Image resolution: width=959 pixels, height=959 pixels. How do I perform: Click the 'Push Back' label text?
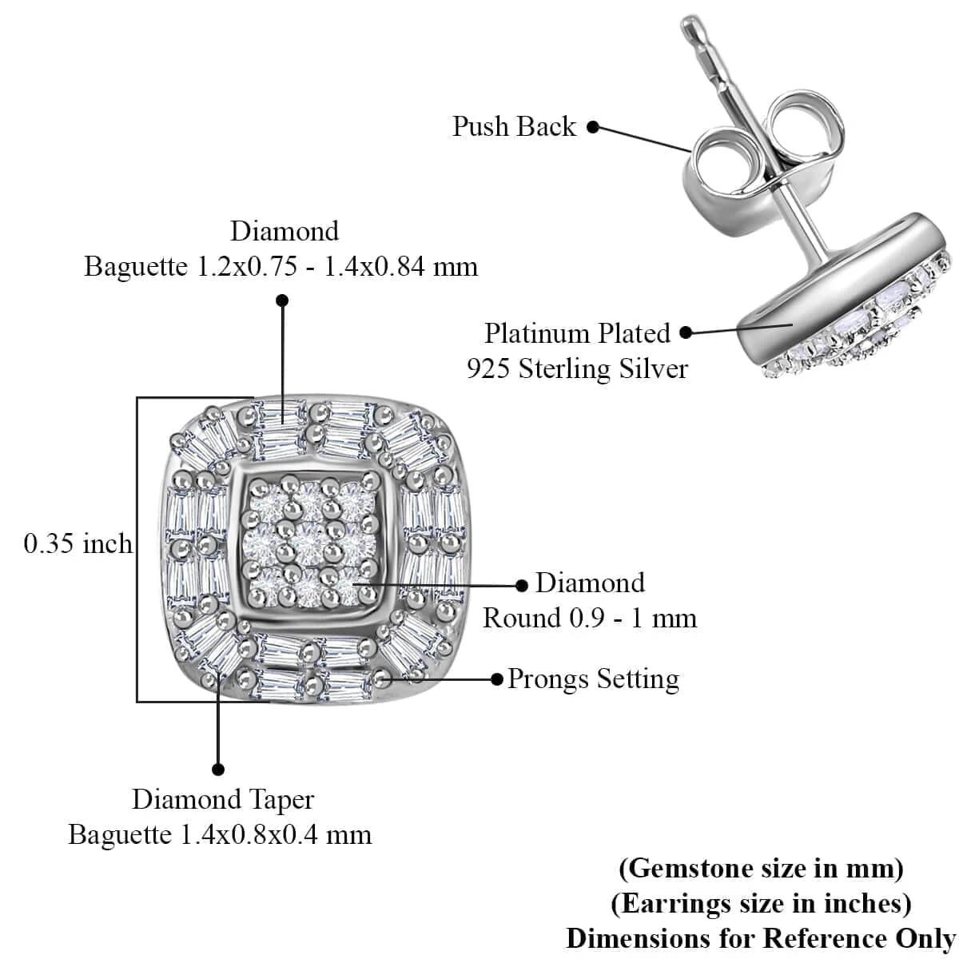(514, 126)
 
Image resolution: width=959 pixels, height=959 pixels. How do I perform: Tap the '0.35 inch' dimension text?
(78, 544)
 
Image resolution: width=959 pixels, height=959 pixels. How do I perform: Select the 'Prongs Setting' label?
(593, 678)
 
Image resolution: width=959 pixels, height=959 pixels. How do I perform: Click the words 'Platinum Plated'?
(577, 332)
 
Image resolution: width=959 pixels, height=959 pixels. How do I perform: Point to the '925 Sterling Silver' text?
(577, 368)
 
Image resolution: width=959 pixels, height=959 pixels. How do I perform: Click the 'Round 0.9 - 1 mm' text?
(590, 618)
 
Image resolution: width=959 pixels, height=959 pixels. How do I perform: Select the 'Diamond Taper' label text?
(223, 799)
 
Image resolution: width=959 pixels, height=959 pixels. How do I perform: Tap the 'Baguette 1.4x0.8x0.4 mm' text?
(220, 834)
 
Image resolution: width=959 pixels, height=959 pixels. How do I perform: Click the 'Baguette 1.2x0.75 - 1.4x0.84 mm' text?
(281, 265)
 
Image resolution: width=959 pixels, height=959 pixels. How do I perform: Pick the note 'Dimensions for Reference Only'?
(761, 937)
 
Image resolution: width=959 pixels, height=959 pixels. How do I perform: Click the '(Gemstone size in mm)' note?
(761, 868)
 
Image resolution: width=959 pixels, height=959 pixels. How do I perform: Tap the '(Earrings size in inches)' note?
(761, 903)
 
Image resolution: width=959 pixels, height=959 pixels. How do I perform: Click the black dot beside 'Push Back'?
(593, 126)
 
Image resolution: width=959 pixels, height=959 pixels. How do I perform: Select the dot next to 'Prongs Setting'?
(496, 679)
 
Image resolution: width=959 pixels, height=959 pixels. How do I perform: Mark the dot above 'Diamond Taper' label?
(218, 770)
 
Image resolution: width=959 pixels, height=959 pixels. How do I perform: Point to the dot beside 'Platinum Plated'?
(686, 332)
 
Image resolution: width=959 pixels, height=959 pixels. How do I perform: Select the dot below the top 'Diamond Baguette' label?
(282, 300)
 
